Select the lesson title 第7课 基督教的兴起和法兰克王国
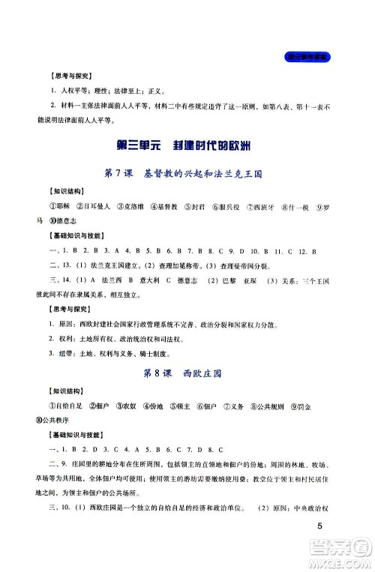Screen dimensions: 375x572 (187, 174)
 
